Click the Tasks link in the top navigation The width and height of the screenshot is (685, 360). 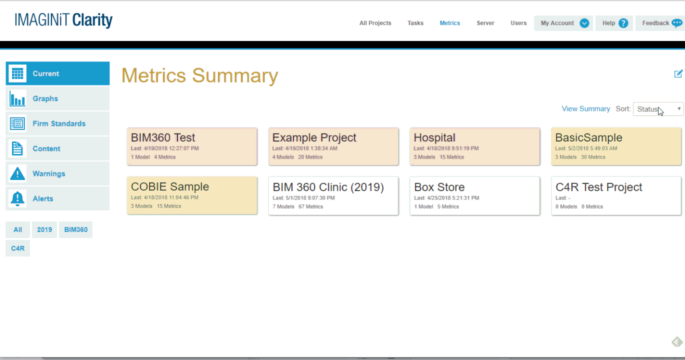[415, 23]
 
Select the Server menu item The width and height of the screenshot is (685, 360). [485, 23]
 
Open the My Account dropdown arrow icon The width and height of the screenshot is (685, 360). [584, 23]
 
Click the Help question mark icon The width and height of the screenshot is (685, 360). [623, 23]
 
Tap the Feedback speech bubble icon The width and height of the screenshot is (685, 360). [677, 23]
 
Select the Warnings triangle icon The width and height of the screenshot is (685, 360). [17, 173]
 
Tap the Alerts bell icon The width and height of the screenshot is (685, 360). [17, 198]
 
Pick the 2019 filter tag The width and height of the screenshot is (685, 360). [44, 229]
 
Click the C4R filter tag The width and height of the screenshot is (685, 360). [17, 248]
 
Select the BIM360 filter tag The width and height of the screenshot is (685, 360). [76, 229]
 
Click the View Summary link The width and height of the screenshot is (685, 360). [585, 109]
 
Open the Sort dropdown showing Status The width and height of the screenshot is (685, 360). [658, 109]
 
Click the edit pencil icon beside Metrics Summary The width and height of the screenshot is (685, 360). [678, 73]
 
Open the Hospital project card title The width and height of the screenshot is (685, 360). [434, 137]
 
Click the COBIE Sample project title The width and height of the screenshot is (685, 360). [169, 186]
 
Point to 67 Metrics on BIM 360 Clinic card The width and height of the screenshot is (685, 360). [310, 207]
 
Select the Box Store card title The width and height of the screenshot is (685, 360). [439, 187]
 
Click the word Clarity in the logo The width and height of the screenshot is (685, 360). [92, 20]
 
